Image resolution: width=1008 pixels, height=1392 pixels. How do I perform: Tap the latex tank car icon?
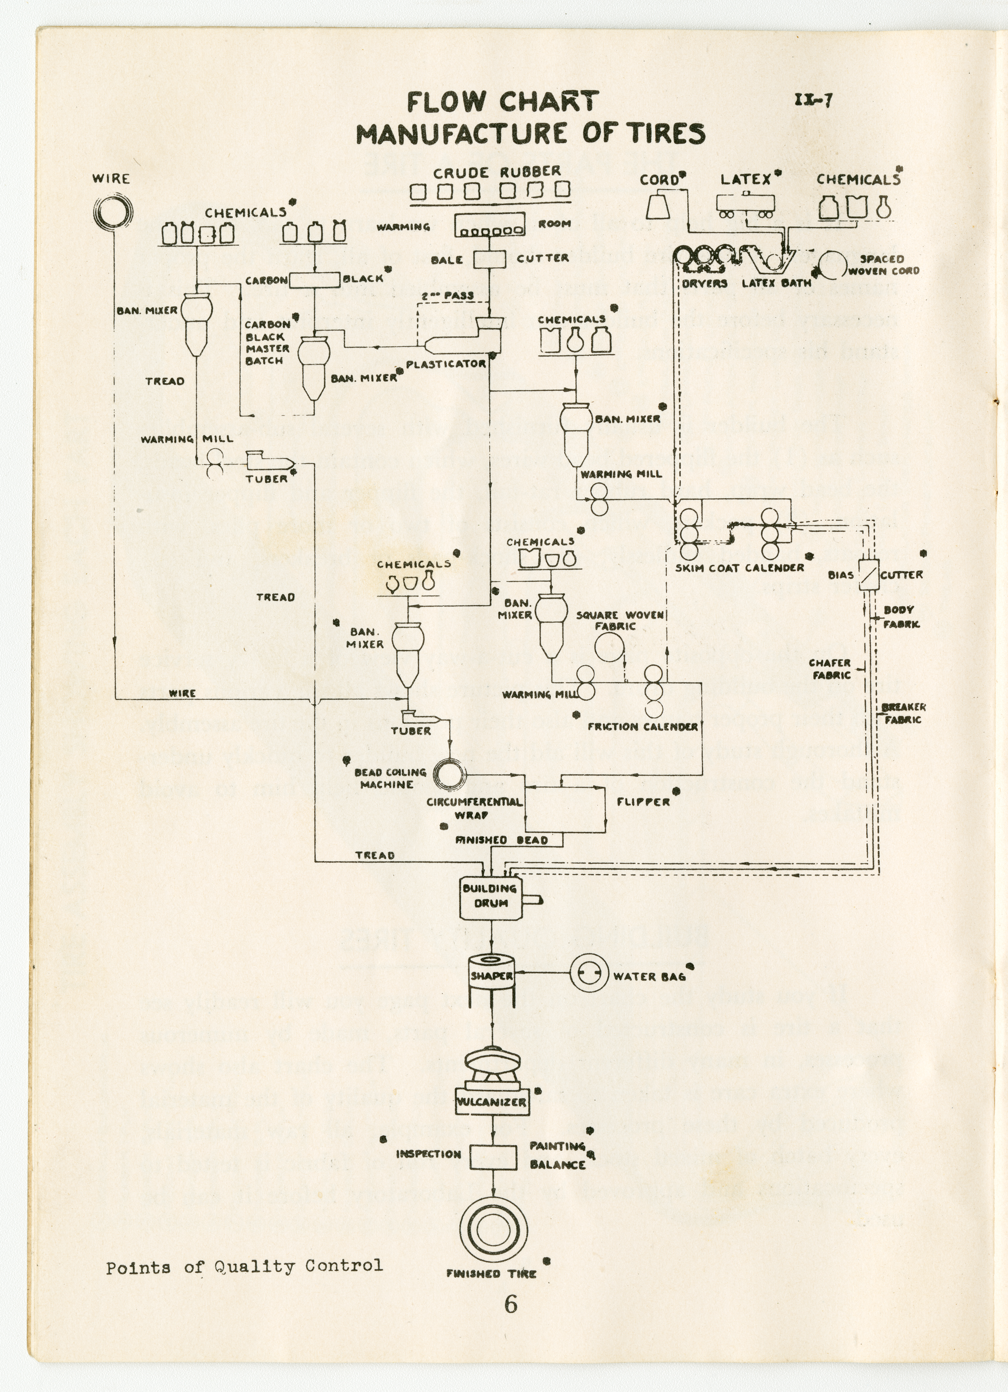pyautogui.click(x=745, y=204)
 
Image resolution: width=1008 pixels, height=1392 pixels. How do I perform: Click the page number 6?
pyautogui.click(x=511, y=1304)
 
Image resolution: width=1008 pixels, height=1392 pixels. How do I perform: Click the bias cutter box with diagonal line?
pyautogui.click(x=868, y=575)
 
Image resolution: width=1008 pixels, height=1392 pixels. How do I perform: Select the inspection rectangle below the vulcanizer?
pyautogui.click(x=492, y=1157)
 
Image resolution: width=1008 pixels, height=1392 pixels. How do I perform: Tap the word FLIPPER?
pyautogui.click(x=643, y=801)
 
